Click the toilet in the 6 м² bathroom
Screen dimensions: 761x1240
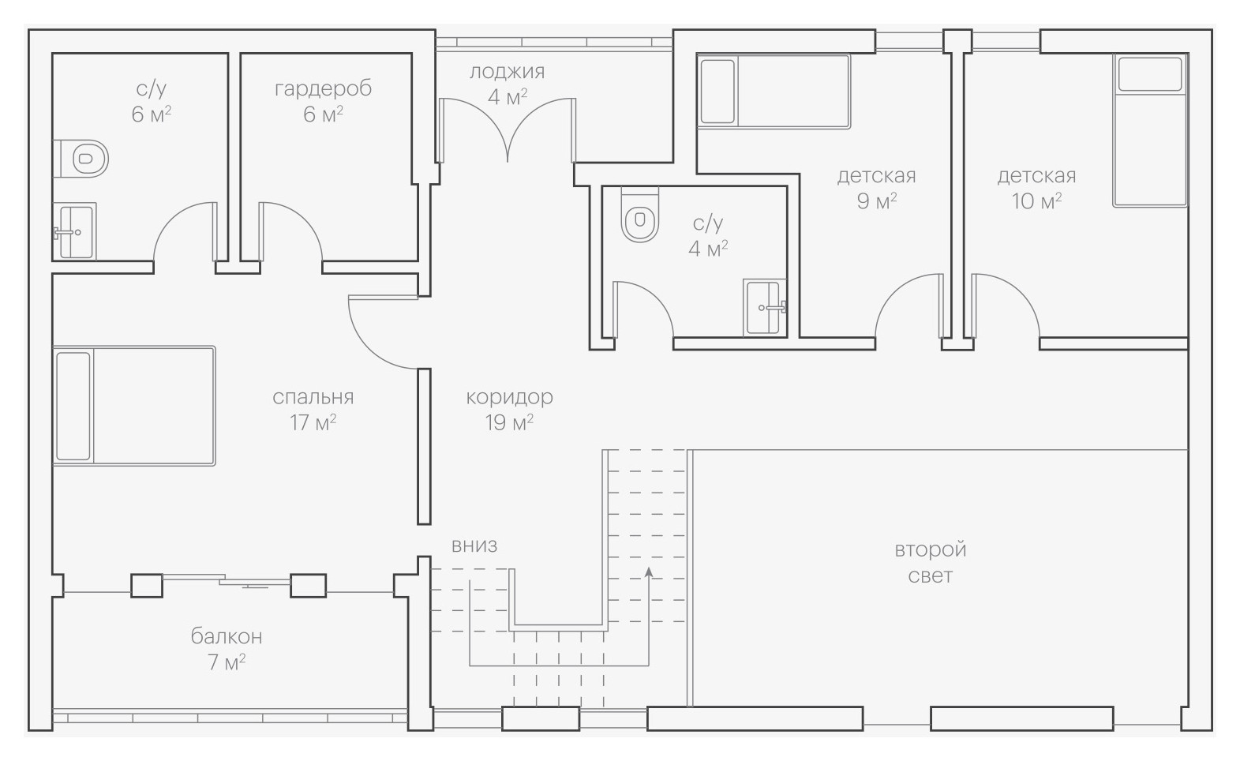pos(83,159)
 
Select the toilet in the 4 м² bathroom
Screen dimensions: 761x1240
pos(639,215)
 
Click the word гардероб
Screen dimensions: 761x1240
pos(323,88)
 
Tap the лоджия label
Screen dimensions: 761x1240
pos(507,72)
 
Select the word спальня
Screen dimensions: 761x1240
pos(313,396)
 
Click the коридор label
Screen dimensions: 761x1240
pos(509,396)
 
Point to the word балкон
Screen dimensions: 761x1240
pos(227,636)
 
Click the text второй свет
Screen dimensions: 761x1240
pos(931,562)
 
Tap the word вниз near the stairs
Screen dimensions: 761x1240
pos(474,545)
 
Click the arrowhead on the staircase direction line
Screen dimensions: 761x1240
pos(649,572)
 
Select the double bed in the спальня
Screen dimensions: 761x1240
pos(134,406)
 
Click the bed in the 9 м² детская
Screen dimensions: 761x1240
pos(774,91)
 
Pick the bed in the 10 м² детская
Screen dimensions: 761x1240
pos(1150,130)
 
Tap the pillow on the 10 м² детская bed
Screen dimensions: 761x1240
pos(1150,74)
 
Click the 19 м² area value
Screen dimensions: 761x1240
pos(509,423)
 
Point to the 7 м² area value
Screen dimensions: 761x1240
pos(227,662)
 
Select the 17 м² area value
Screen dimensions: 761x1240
pos(313,423)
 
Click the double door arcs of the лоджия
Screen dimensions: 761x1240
pos(507,130)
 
